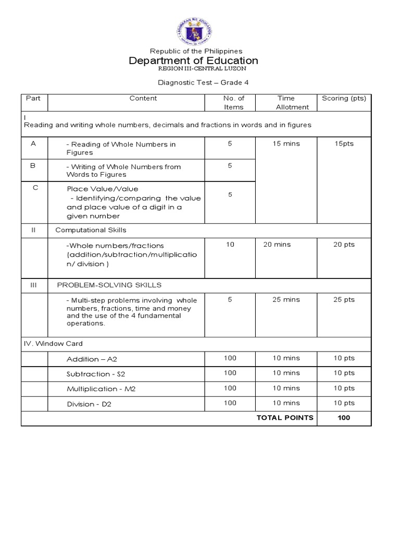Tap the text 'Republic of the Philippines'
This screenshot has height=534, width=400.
click(x=196, y=51)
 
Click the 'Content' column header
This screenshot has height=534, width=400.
click(x=143, y=98)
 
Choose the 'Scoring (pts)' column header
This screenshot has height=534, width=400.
click(x=344, y=98)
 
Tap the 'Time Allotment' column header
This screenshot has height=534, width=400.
click(x=286, y=102)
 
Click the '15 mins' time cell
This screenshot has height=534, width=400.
click(x=286, y=143)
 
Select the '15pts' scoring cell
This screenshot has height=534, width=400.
click(x=344, y=143)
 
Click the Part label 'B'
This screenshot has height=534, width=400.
click(x=33, y=166)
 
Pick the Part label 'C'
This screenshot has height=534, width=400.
click(x=35, y=187)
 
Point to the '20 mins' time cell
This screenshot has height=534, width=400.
click(x=277, y=244)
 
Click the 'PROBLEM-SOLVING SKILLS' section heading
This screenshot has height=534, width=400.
click(x=109, y=285)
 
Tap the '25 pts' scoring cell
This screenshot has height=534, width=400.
click(x=344, y=299)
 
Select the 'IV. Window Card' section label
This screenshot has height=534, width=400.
click(x=53, y=344)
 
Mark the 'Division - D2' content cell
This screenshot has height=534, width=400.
click(x=89, y=404)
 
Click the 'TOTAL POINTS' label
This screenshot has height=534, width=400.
click(x=284, y=417)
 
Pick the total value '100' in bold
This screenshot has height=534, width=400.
click(x=344, y=417)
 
